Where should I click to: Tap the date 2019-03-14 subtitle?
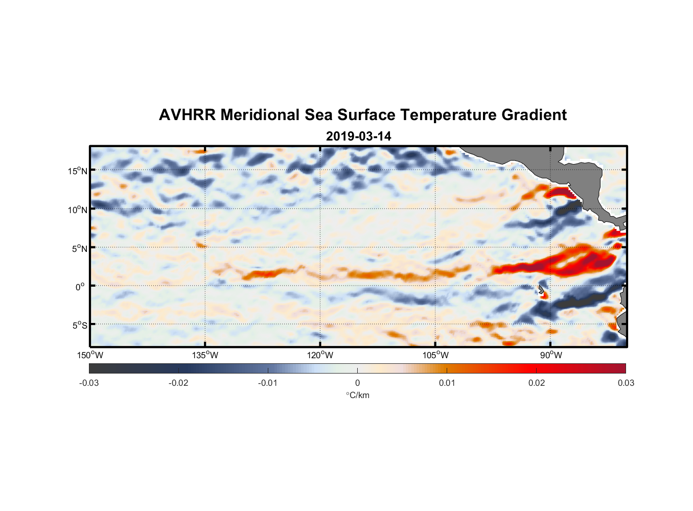click(358, 136)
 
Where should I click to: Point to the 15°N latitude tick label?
click(77, 171)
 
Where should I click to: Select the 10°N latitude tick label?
click(77, 210)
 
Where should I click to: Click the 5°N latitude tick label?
click(79, 248)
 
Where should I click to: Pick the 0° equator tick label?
click(80, 287)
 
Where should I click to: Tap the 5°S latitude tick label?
click(79, 325)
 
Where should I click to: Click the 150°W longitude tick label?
click(90, 355)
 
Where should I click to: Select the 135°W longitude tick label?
click(205, 355)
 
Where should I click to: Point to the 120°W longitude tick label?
click(320, 355)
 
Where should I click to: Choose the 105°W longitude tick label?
click(435, 355)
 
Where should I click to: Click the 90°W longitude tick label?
click(551, 355)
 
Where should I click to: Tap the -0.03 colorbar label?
click(89, 383)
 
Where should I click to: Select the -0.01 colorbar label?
click(268, 383)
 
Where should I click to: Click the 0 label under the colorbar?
click(357, 383)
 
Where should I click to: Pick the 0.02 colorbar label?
click(537, 383)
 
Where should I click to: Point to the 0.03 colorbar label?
click(626, 383)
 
